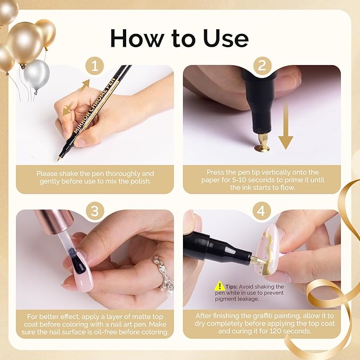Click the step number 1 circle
click(95, 66)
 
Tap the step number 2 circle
click(262, 66)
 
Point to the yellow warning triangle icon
click(219, 286)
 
